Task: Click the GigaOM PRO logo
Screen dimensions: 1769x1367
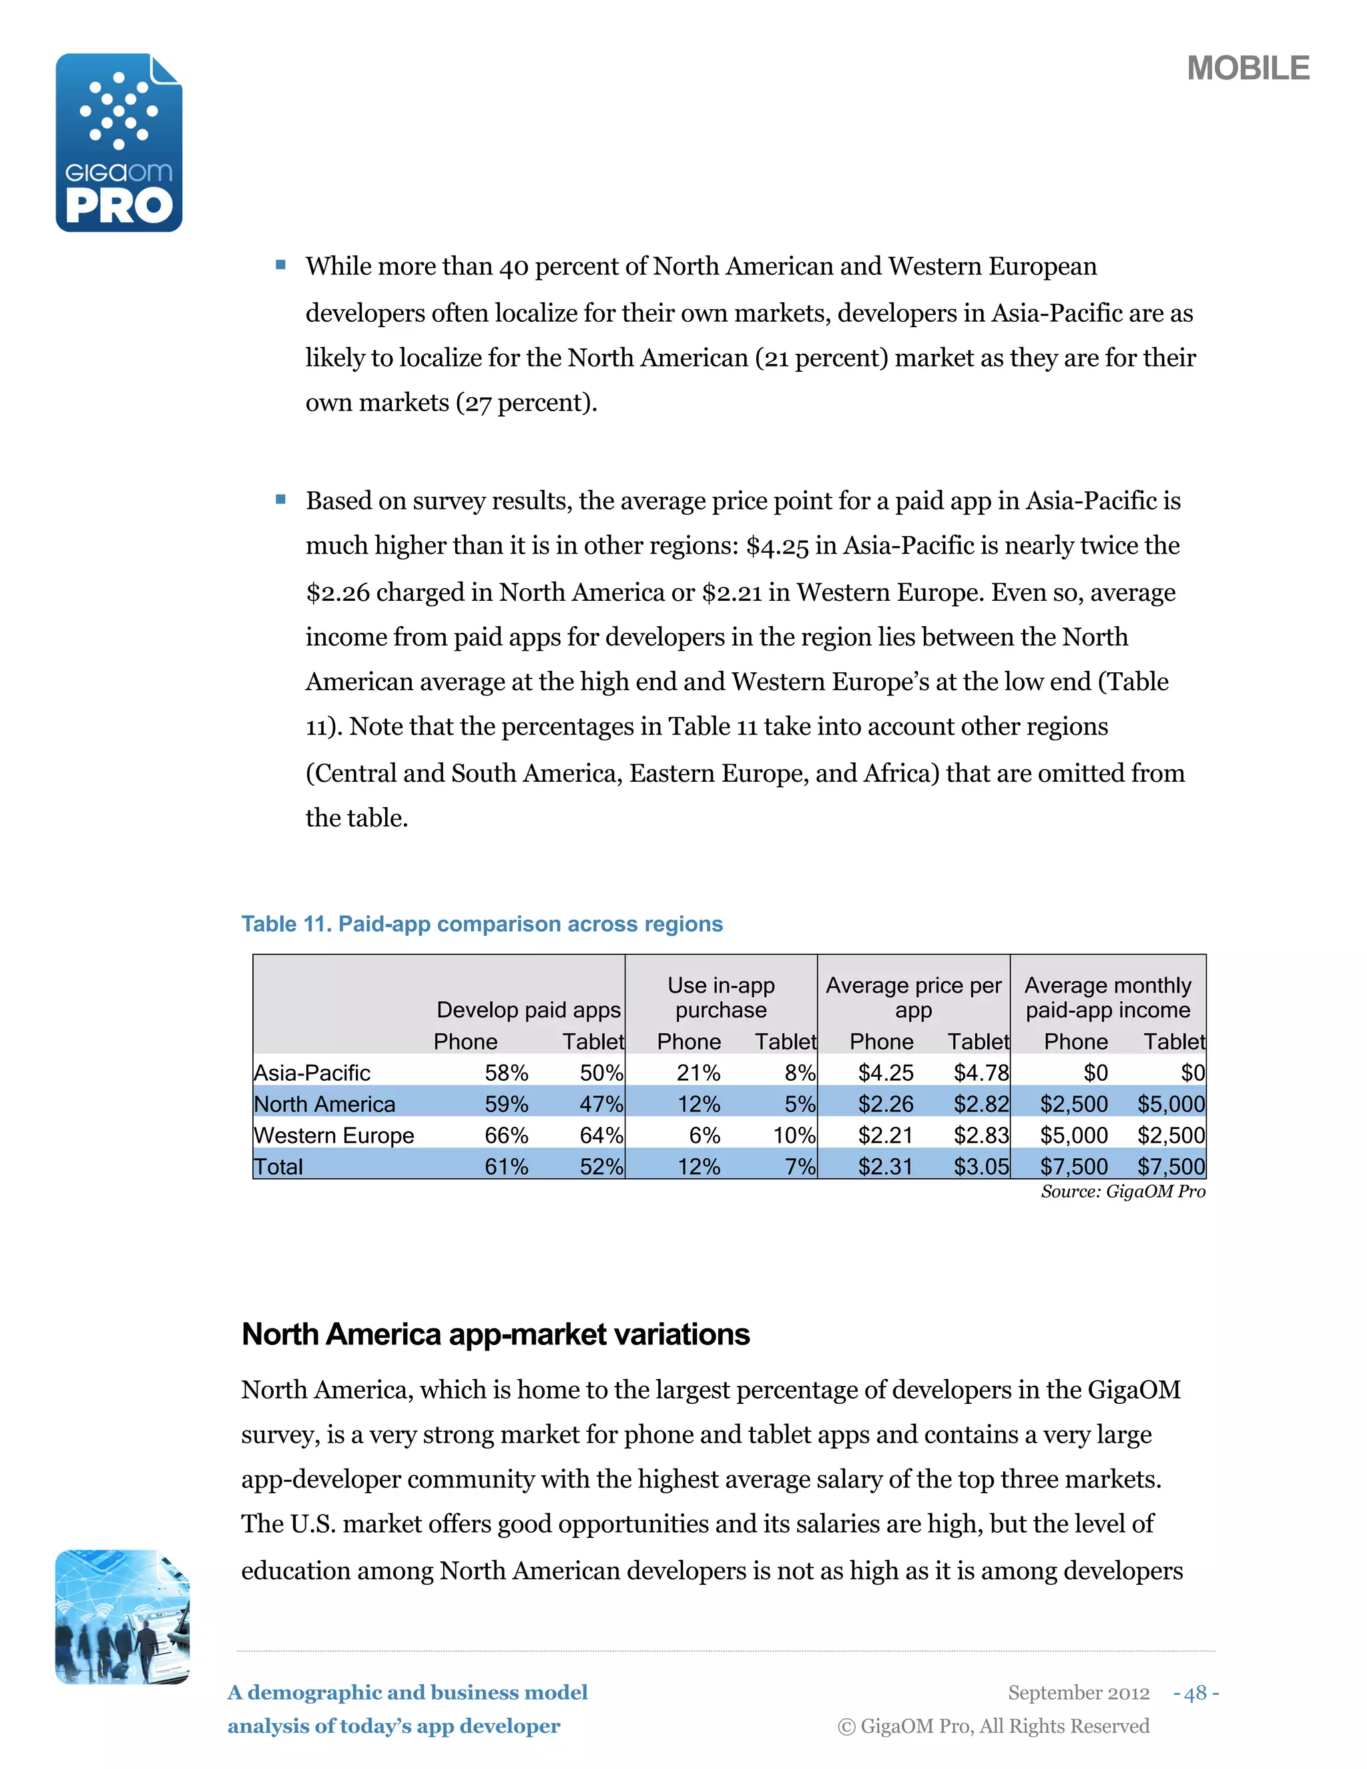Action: [119, 143]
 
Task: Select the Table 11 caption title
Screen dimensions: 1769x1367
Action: [482, 924]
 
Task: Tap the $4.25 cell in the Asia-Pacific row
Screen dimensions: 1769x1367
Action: [885, 1073]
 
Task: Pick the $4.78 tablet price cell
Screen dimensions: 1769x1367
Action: [981, 1073]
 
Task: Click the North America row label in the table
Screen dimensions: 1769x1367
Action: [325, 1104]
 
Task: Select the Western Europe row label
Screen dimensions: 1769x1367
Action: [334, 1135]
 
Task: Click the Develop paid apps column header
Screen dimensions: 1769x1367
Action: [528, 1010]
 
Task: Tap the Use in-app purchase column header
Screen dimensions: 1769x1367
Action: [721, 998]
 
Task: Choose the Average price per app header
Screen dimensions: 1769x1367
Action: [914, 998]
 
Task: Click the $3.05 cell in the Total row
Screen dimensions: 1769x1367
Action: [981, 1167]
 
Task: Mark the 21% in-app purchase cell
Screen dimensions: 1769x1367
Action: [698, 1073]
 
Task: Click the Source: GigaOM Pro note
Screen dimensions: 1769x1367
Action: [1123, 1192]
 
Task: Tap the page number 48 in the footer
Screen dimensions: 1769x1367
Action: [1195, 1693]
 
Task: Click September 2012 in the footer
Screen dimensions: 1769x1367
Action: [1078, 1693]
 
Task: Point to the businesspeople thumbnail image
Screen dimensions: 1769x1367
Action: [121, 1617]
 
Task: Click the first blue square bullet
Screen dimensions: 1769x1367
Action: [281, 265]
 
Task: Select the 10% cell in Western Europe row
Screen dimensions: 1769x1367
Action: [794, 1135]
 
